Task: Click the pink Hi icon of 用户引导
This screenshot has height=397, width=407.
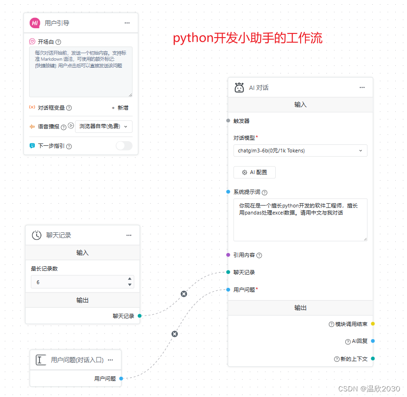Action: click(35, 23)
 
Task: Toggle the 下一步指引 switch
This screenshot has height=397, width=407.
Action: click(124, 146)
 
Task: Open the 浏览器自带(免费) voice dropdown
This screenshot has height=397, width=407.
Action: click(104, 127)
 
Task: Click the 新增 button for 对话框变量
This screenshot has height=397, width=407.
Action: click(120, 108)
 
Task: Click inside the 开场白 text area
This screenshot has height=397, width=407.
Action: click(80, 71)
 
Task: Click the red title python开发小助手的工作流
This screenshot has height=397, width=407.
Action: click(247, 38)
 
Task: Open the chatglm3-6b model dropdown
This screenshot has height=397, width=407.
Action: click(300, 151)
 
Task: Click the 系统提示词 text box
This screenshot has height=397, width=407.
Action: click(300, 220)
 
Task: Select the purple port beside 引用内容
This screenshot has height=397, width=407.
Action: click(228, 255)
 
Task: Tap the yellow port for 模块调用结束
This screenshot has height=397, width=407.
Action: click(373, 324)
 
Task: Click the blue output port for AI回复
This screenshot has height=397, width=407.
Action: click(373, 341)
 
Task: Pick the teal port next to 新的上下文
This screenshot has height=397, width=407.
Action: click(373, 359)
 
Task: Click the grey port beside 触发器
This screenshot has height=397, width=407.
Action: click(228, 120)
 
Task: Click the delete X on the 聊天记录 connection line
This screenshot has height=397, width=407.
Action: click(184, 294)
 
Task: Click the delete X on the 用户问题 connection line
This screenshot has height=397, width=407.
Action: click(175, 334)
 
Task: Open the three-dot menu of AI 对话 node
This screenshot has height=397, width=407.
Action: click(362, 87)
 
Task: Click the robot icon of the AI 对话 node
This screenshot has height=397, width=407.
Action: click(239, 87)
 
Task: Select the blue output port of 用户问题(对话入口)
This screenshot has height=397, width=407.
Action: click(121, 378)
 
